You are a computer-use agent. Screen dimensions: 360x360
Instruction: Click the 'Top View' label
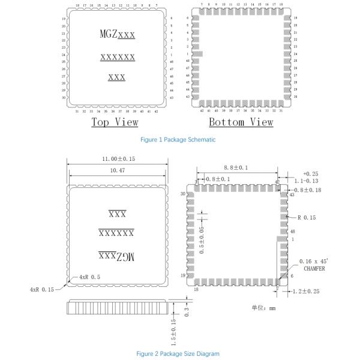[x=115, y=122]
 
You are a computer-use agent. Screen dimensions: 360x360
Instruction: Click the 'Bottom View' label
[x=241, y=122]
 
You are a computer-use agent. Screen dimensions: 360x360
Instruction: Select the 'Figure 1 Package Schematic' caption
[x=178, y=139]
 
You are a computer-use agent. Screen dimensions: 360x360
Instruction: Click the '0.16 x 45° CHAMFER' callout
[x=316, y=265]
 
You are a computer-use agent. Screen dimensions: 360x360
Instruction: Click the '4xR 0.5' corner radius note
[x=87, y=278]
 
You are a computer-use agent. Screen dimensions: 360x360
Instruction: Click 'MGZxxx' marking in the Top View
[x=117, y=34]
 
